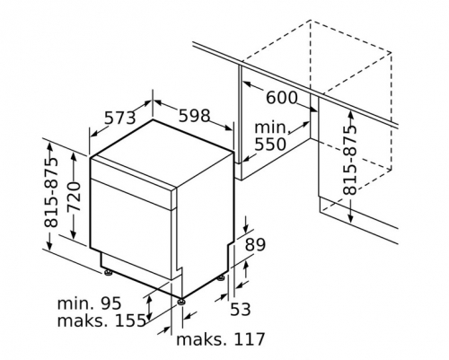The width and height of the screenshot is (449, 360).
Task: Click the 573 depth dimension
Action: pos(119,118)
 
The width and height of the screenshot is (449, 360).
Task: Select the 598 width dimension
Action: pos(194,116)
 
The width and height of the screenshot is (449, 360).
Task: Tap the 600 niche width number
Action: pos(282,98)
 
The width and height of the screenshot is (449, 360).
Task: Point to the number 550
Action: pos(270,145)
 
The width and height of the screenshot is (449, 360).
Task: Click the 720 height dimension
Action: pos(74,197)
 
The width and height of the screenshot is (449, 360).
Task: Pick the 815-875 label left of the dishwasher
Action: pos(50,192)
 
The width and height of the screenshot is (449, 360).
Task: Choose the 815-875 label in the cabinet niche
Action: pos(349,160)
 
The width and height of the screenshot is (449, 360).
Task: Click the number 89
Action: pos(255,244)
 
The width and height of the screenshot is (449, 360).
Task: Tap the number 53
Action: pos(240,309)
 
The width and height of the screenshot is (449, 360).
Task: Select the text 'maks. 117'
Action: pos(221,339)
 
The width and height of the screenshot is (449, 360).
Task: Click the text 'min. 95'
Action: pos(89,303)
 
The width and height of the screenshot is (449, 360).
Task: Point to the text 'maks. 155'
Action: pos(101,320)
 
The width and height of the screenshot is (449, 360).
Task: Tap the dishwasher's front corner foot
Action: pos(181,302)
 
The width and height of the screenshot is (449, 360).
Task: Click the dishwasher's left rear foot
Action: pos(108,272)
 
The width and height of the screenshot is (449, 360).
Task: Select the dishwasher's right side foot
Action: pos(222,278)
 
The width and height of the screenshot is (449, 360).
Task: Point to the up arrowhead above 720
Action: pos(74,154)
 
